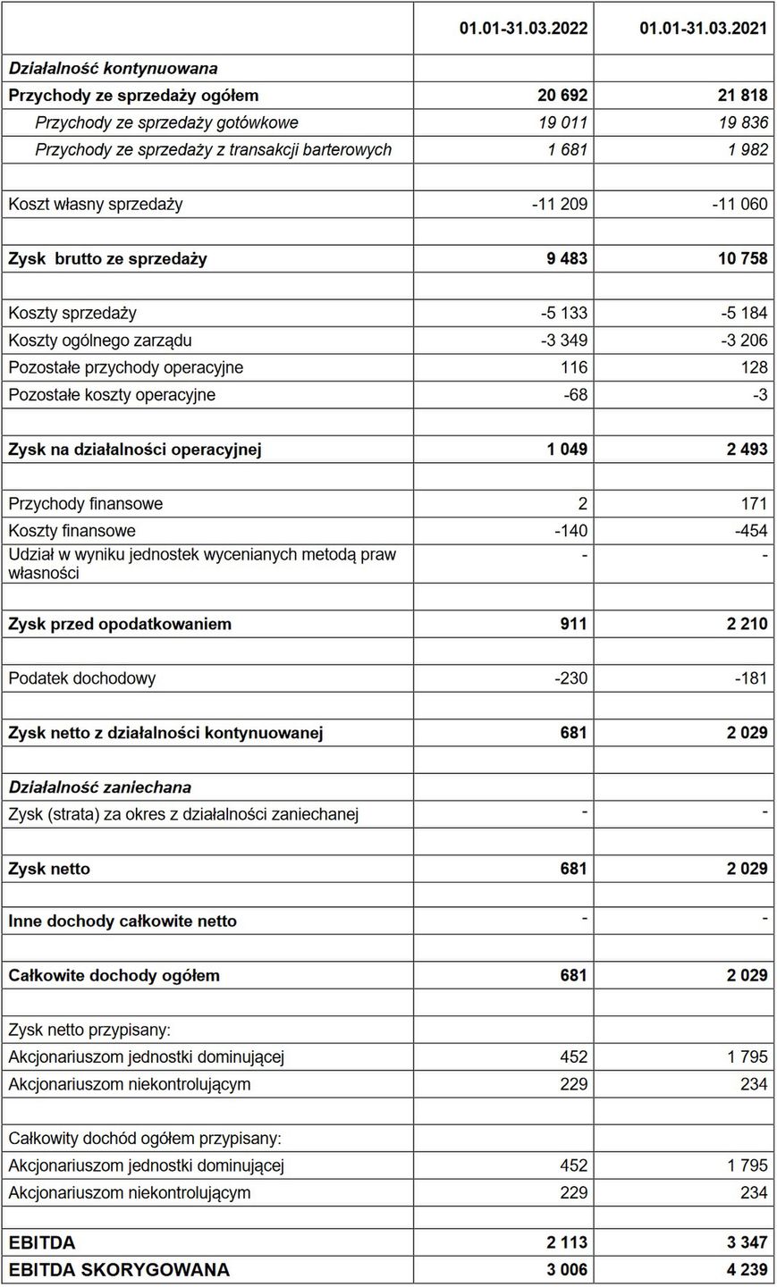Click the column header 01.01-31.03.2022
tap(523, 29)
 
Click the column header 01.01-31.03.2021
tap(703, 29)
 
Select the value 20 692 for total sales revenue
tap(560, 96)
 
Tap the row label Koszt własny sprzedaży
tap(96, 204)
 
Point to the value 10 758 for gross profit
tap(741, 259)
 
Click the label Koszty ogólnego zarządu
tap(100, 341)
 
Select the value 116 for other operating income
tap(574, 367)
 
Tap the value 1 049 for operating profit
tap(567, 450)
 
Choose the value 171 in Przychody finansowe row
tap(754, 504)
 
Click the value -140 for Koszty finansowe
tap(571, 531)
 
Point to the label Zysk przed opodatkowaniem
tap(120, 624)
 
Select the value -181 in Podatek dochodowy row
tap(748, 678)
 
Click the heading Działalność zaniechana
tap(100, 787)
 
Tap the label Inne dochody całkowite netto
tap(122, 921)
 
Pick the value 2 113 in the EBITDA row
tap(567, 1243)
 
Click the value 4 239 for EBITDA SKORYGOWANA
tap(747, 1270)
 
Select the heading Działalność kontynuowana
tap(113, 68)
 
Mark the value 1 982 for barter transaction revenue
tap(747, 150)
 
